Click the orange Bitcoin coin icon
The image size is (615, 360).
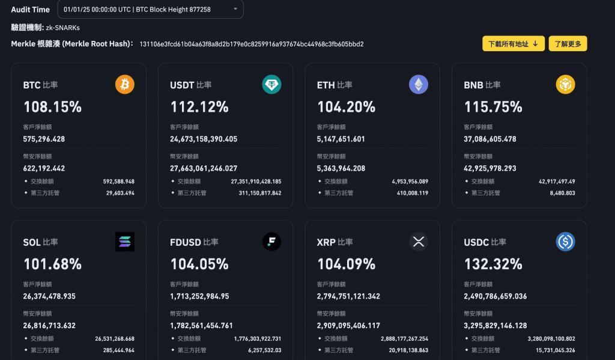click(x=125, y=84)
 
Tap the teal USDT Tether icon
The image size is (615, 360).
click(x=271, y=84)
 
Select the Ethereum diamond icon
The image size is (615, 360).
click(x=419, y=84)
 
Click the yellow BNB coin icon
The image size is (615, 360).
click(x=565, y=84)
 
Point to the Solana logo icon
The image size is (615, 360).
click(x=125, y=242)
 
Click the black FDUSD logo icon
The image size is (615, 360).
click(x=271, y=242)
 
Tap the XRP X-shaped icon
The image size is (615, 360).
click(x=419, y=242)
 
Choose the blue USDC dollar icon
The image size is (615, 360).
click(x=565, y=242)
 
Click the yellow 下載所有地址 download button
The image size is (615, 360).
click(x=514, y=44)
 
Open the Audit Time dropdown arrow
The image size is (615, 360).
click(x=235, y=9)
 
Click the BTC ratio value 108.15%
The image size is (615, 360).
click(x=53, y=107)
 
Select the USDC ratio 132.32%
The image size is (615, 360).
click(x=493, y=264)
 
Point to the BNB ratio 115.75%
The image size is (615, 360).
click(x=493, y=107)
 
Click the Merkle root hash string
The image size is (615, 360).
click(x=252, y=44)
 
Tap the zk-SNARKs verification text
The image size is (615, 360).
click(x=62, y=28)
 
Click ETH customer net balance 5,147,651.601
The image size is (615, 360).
click(x=341, y=139)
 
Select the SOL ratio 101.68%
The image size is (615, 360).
click(x=53, y=264)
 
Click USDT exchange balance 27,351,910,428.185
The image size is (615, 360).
click(x=256, y=182)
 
